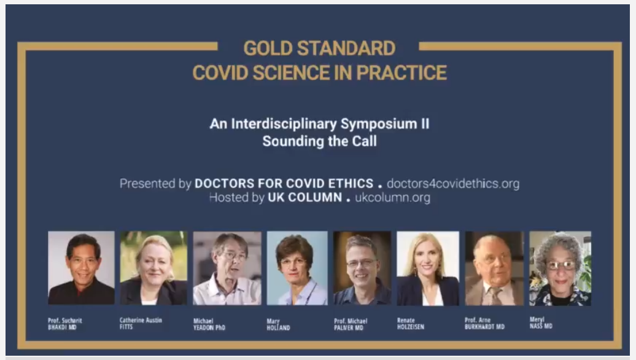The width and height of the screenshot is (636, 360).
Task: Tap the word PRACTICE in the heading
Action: click(401, 73)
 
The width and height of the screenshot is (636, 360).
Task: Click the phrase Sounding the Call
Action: click(320, 141)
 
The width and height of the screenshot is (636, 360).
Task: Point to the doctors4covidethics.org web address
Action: click(453, 184)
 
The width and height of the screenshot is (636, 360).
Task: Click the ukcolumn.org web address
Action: click(393, 198)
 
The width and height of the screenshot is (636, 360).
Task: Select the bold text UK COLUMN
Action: click(304, 198)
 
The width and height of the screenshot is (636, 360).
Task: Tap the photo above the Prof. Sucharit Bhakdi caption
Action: click(81, 268)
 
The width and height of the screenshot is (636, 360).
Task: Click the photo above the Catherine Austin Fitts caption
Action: click(153, 268)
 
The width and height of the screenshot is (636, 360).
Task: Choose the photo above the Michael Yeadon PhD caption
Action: click(227, 268)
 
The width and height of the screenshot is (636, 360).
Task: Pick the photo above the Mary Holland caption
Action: click(297, 268)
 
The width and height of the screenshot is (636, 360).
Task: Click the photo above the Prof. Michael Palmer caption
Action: click(362, 268)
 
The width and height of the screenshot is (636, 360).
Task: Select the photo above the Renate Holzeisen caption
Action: click(428, 268)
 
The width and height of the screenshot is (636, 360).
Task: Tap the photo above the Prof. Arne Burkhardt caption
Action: click(494, 268)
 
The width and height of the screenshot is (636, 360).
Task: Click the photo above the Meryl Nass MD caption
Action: click(560, 268)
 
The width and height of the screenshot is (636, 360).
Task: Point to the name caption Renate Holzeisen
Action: click(411, 324)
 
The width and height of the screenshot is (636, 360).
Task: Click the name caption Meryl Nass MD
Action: click(541, 323)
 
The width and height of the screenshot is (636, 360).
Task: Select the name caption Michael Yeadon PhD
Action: click(209, 324)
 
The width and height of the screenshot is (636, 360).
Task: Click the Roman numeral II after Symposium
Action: click(425, 123)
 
